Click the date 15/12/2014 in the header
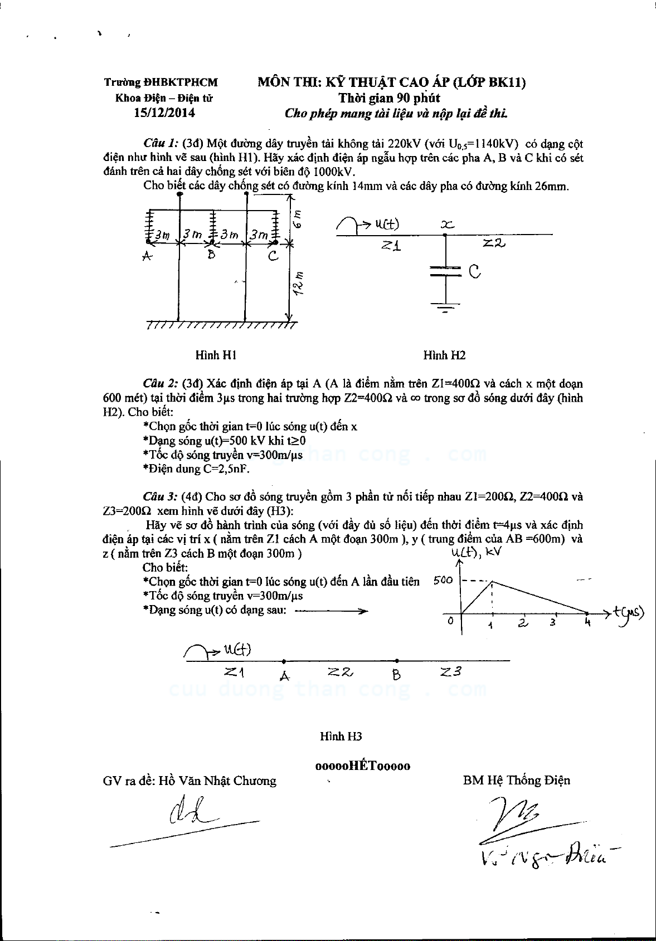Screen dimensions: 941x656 (x=164, y=113)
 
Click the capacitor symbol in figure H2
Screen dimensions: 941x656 (x=445, y=271)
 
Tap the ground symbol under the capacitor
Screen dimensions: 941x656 (x=445, y=307)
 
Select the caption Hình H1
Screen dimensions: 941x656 (x=216, y=355)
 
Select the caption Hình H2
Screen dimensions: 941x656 (x=444, y=355)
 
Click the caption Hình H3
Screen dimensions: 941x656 (x=341, y=736)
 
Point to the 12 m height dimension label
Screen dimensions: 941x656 (x=299, y=283)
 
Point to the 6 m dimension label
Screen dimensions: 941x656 (x=298, y=218)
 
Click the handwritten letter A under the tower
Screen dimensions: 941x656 (x=147, y=256)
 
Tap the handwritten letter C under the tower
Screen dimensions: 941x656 (x=273, y=256)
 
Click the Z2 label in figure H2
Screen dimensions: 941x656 (x=494, y=243)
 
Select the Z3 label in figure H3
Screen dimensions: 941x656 (x=450, y=672)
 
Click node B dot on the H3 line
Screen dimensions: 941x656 (x=396, y=661)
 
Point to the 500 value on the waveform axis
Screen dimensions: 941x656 (x=443, y=580)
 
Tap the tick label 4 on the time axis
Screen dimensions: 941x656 (x=587, y=622)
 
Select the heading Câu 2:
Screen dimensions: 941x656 (x=161, y=383)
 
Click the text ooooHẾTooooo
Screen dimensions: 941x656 (x=362, y=766)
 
